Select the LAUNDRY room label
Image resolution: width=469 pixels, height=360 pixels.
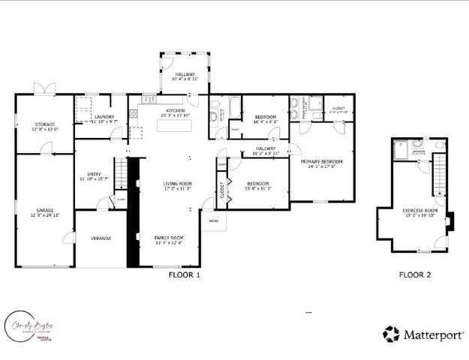[x=104, y=117]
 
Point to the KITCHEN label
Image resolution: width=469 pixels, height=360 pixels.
[x=175, y=111]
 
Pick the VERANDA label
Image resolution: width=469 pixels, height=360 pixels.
[x=101, y=238]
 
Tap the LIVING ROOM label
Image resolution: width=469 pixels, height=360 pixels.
[x=178, y=184]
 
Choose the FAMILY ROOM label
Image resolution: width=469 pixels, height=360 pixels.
[x=169, y=238]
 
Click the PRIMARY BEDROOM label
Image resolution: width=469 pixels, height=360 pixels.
[x=321, y=162]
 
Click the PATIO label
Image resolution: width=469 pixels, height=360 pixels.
[x=213, y=221]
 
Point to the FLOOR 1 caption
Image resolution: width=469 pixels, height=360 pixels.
[x=185, y=274]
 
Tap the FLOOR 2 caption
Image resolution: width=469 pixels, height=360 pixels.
[x=414, y=274]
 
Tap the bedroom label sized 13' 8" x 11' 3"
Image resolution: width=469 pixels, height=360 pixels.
[x=257, y=184]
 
